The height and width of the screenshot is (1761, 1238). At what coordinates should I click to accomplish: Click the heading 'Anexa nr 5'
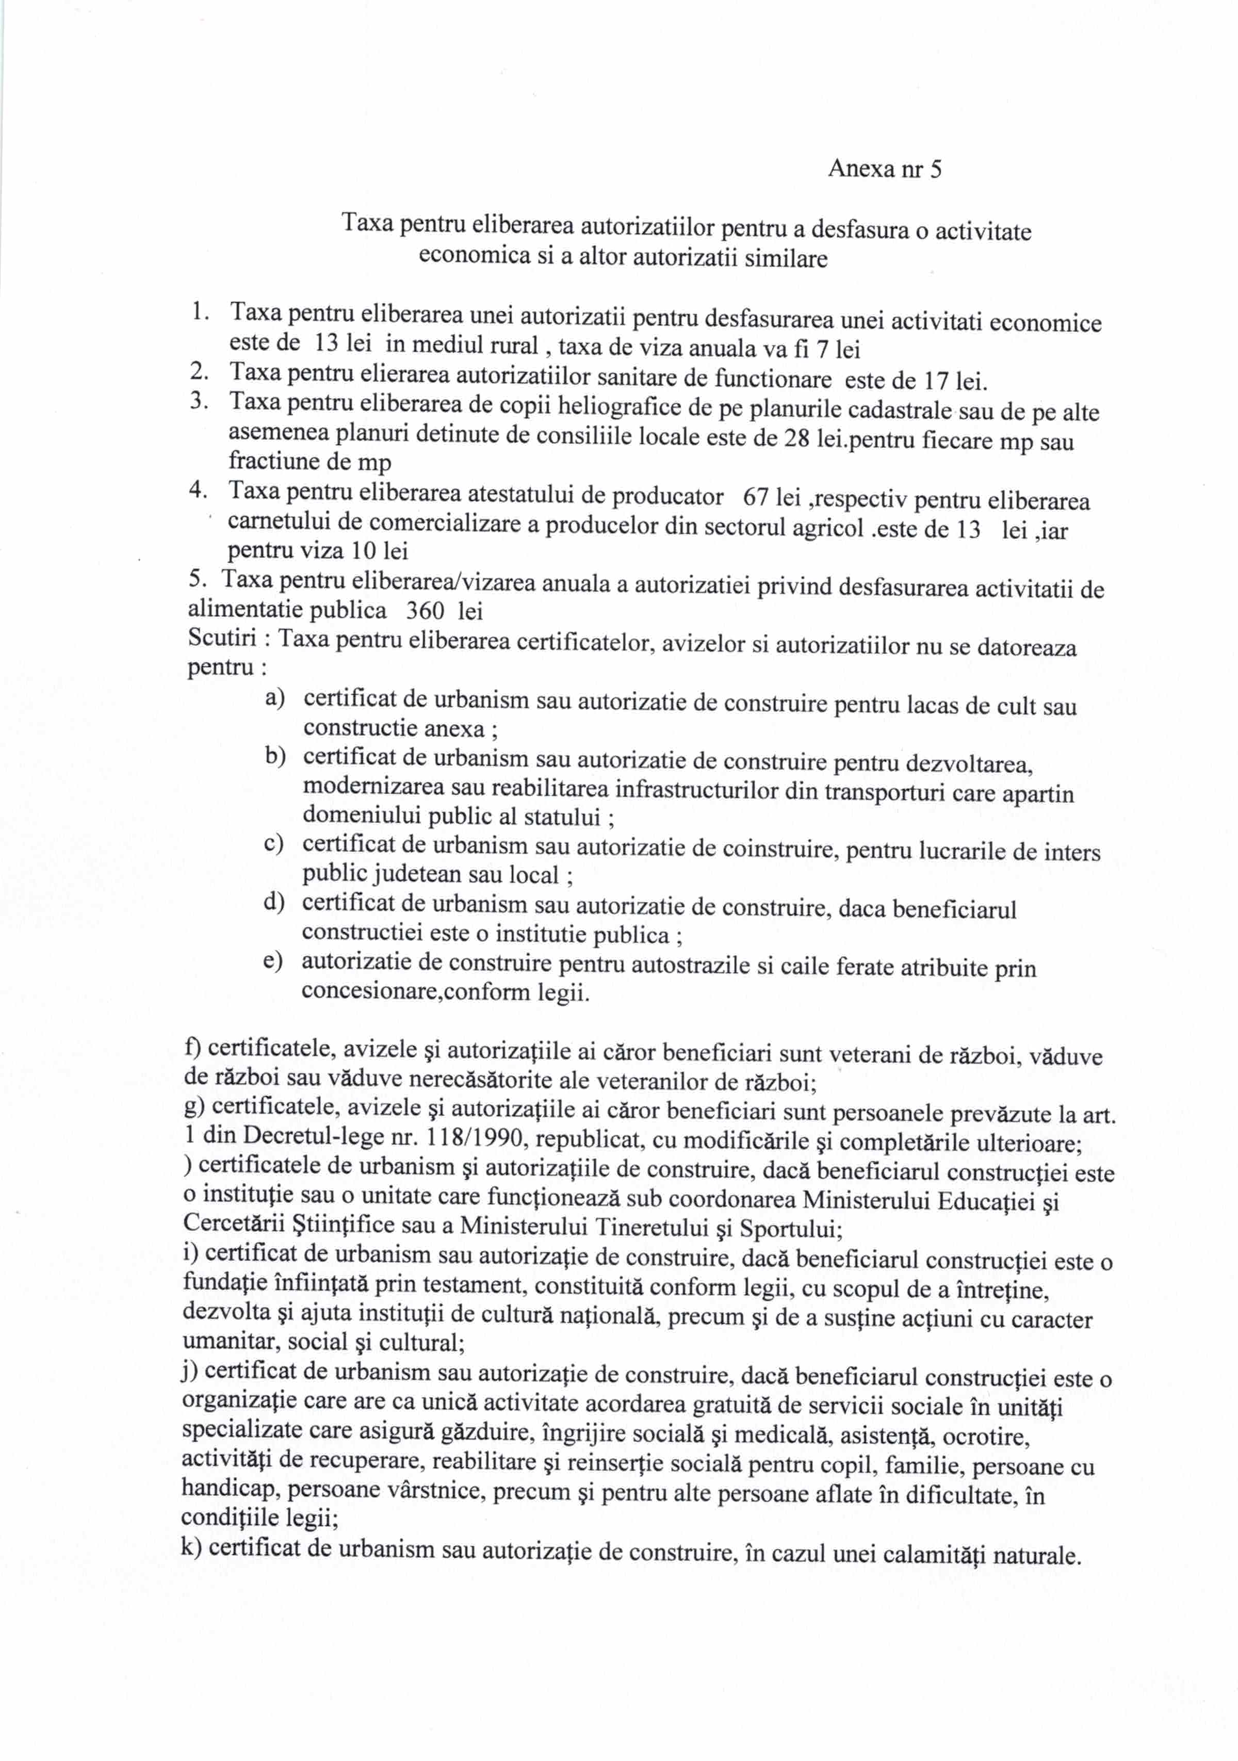coord(884,169)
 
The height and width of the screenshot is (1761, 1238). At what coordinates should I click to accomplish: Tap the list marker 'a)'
coord(274,697)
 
